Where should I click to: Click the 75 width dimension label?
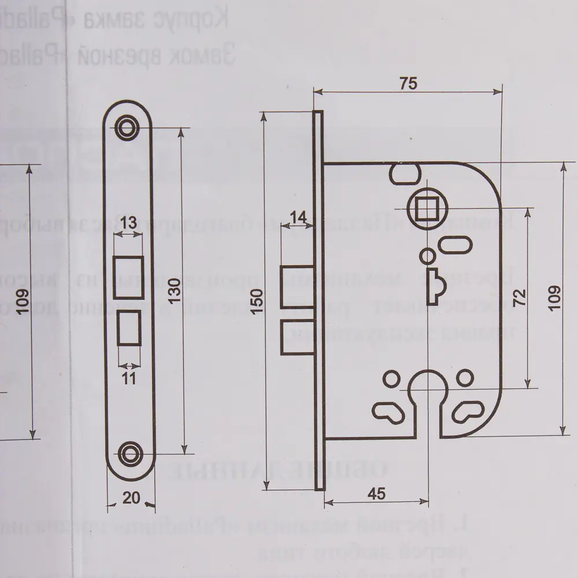(408, 84)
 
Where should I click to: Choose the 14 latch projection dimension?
(298, 217)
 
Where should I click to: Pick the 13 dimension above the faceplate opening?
(129, 222)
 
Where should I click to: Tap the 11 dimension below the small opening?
(129, 379)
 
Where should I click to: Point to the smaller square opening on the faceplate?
(129, 328)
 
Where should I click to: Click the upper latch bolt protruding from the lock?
(297, 287)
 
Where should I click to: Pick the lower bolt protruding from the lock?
(297, 338)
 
